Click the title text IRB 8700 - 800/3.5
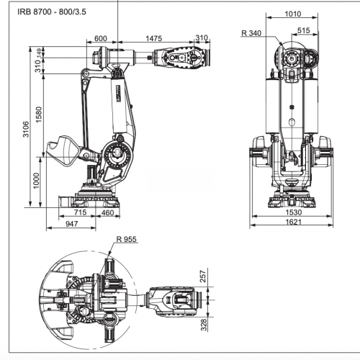click(52, 12)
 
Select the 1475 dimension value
click(154, 38)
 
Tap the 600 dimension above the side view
click(101, 38)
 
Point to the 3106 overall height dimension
click(26, 130)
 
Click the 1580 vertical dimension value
click(39, 114)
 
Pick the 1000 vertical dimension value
click(36, 181)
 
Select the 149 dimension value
click(39, 53)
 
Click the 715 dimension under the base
click(80, 212)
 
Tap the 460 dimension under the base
click(107, 212)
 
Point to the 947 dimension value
click(72, 224)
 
